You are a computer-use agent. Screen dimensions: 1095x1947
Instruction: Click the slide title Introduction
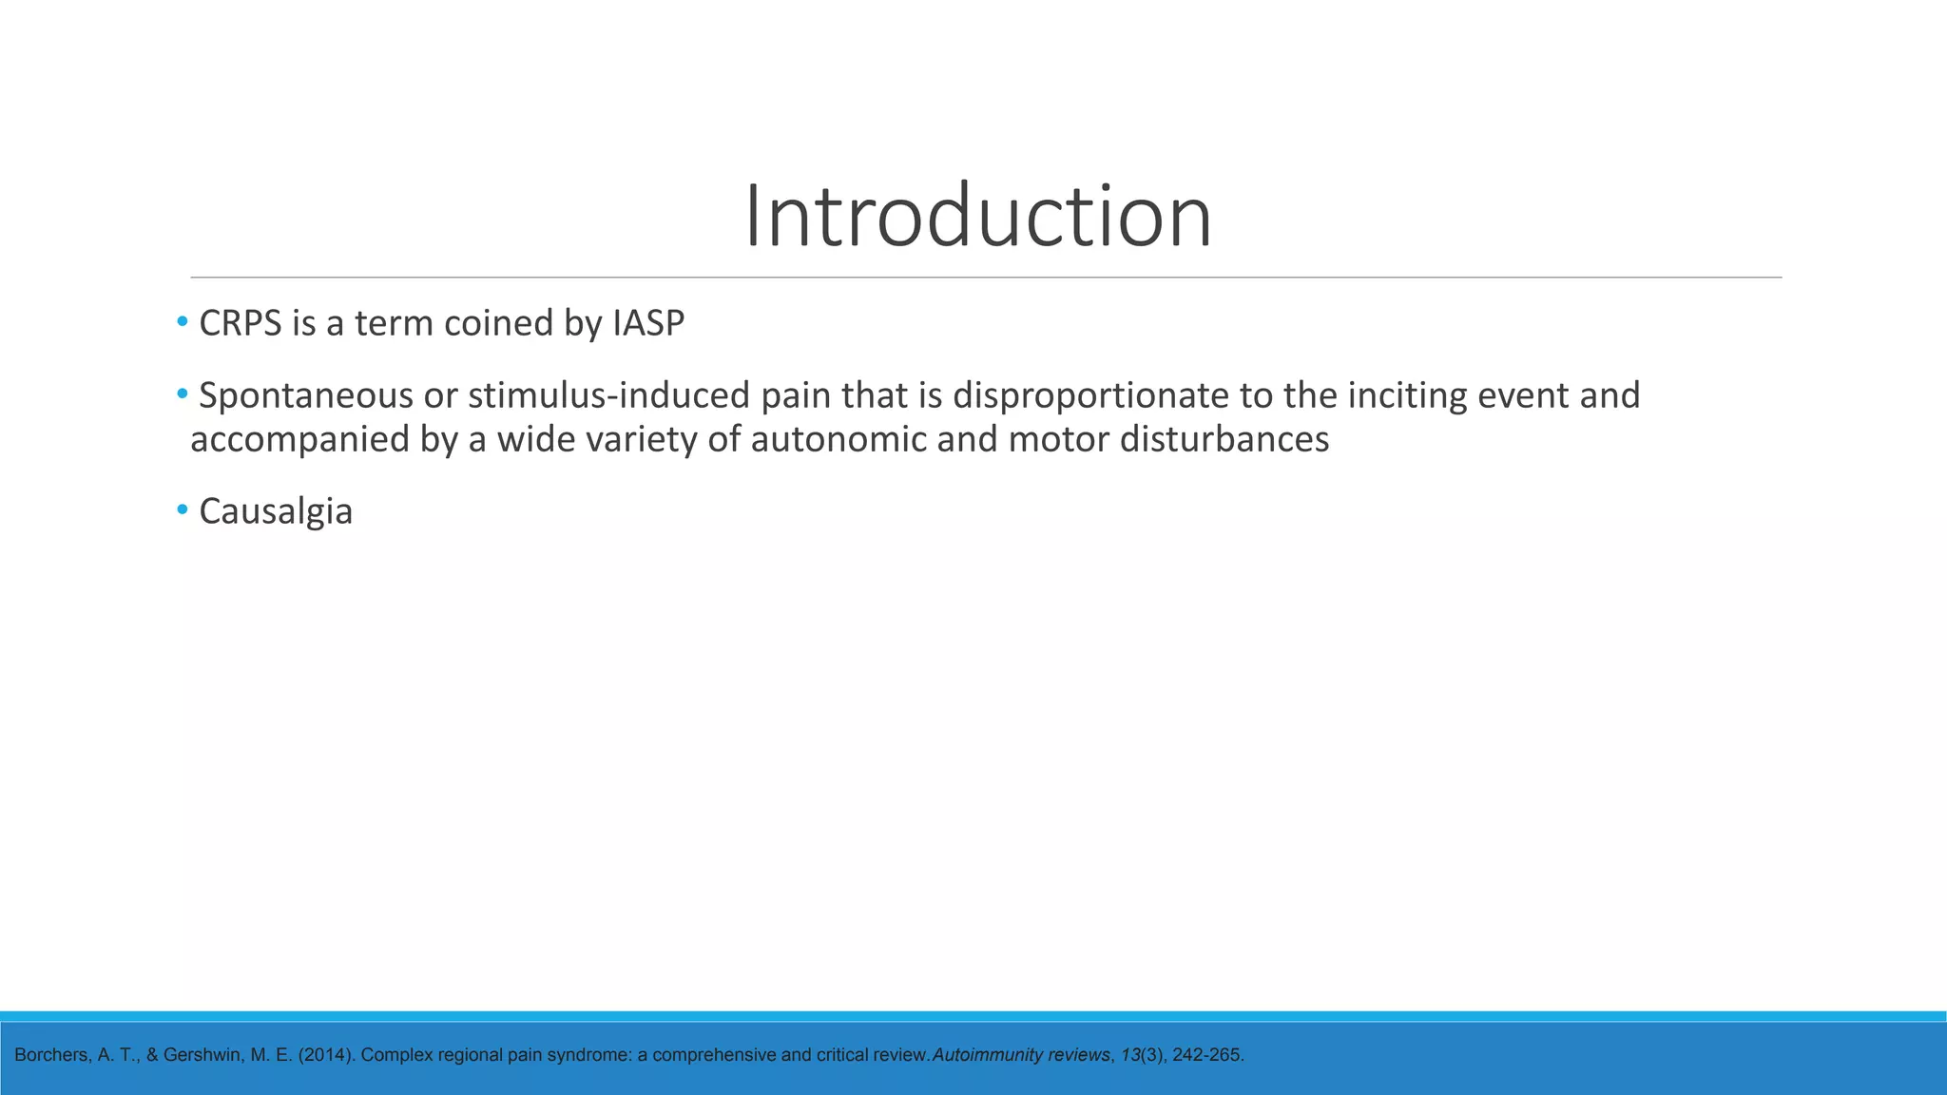pyautogui.click(x=977, y=217)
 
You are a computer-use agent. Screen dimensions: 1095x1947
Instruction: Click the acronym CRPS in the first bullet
pyautogui.click(x=241, y=324)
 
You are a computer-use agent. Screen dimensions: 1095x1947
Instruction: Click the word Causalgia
pyautogui.click(x=276, y=512)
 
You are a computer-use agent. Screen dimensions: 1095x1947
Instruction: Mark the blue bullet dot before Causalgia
pyautogui.click(x=183, y=510)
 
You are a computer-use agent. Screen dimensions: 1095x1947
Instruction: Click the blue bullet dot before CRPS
pyautogui.click(x=183, y=322)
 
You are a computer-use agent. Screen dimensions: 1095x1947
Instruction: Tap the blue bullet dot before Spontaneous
pyautogui.click(x=183, y=394)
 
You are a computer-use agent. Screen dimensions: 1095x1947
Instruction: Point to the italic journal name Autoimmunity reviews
pyautogui.click(x=1021, y=1055)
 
